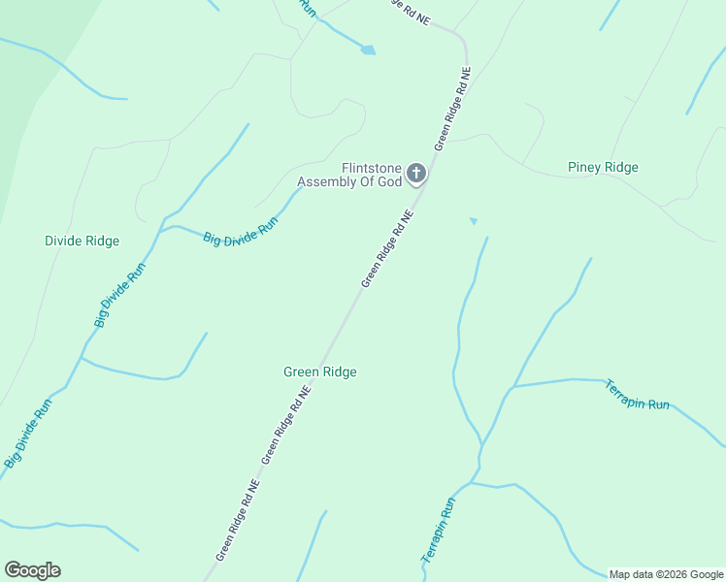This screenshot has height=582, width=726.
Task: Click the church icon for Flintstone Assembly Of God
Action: coord(416,174)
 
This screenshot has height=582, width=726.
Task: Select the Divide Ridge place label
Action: coord(82,241)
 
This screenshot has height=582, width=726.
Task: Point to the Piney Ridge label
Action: coord(603,168)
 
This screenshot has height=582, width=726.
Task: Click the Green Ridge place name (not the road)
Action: coord(320,372)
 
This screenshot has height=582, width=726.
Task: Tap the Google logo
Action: coord(32,570)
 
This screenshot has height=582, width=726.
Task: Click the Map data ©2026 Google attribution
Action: coord(666,574)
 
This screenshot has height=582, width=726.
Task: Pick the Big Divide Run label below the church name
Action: coord(241,230)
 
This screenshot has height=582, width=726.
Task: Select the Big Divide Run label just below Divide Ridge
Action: coord(119,294)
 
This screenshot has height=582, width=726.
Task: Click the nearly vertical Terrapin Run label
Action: coord(438,531)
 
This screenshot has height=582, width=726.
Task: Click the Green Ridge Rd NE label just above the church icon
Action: coord(453,108)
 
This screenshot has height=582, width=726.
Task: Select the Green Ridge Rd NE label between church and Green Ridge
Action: coord(388,250)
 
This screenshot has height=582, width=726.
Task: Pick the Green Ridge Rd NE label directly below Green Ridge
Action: coord(286,424)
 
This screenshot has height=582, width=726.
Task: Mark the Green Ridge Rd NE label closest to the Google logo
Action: coord(238,520)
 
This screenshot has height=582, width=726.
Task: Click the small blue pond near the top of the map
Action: coord(368,49)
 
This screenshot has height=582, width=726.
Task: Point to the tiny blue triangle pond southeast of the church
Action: coord(474,221)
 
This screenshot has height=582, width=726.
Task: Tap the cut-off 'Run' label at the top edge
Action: coord(309,8)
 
